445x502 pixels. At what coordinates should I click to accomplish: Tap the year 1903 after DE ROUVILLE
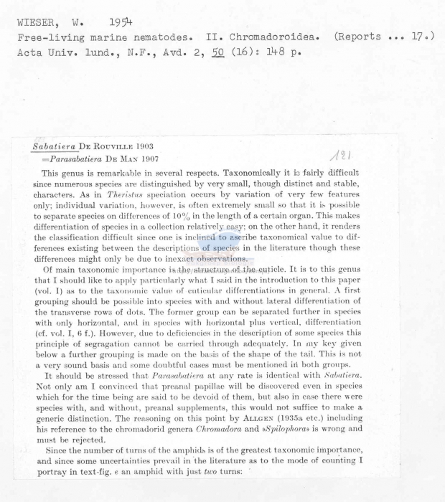(x=153, y=148)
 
